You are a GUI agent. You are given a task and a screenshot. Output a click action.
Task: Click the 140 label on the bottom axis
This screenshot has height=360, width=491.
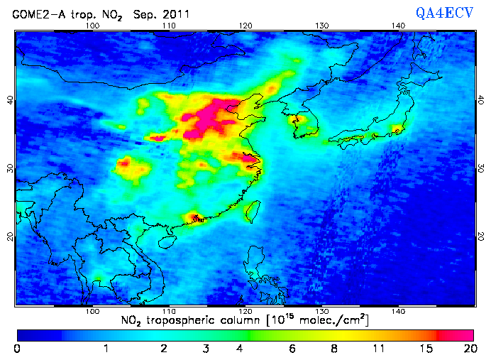click(398, 310)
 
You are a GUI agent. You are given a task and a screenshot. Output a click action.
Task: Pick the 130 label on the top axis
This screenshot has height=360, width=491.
click(322, 26)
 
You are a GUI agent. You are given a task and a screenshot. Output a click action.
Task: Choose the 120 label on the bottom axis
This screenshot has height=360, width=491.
click(245, 310)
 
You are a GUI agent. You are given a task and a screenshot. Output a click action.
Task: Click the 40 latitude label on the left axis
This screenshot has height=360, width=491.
click(10, 100)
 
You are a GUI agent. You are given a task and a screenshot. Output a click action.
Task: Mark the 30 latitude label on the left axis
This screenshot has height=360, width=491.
click(10, 168)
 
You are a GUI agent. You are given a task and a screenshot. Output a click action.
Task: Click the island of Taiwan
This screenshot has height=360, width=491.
click(252, 211)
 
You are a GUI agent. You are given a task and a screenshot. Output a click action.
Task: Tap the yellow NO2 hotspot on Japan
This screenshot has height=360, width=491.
click(396, 130)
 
